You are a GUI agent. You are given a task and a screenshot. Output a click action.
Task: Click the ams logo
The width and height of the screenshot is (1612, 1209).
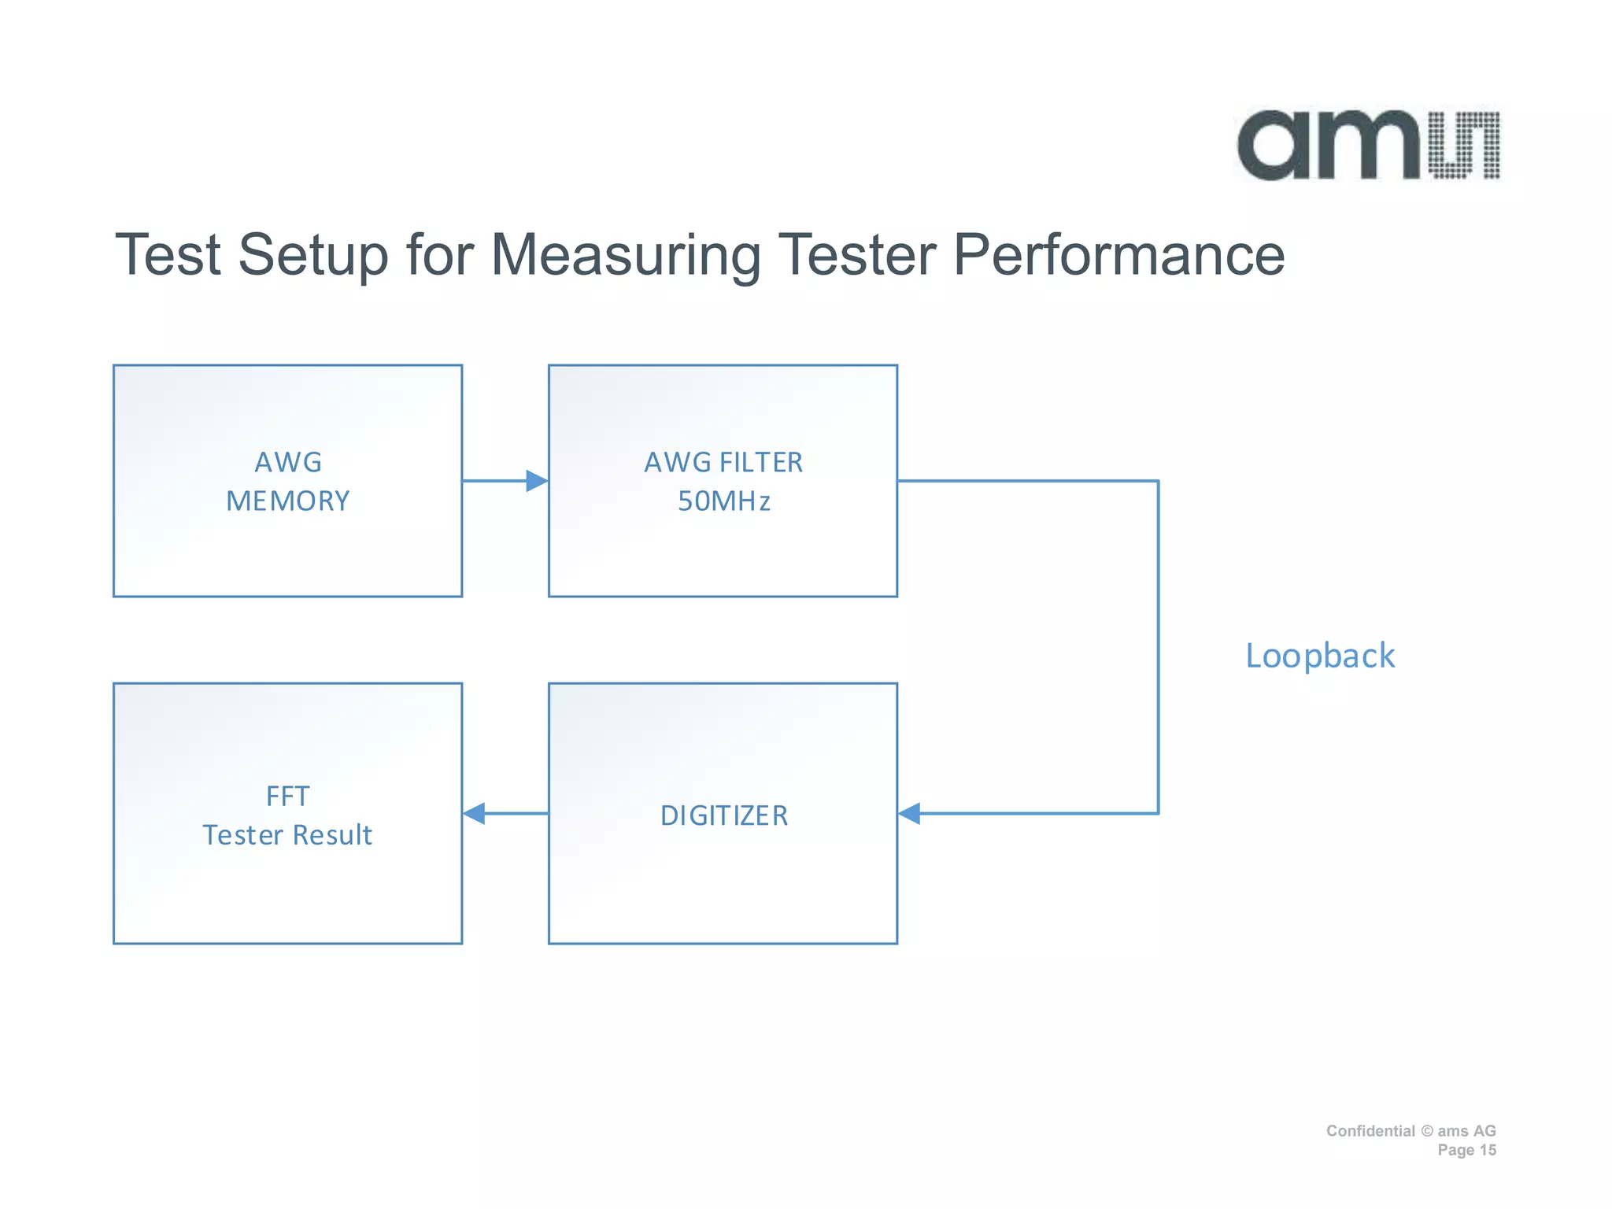pyautogui.click(x=1368, y=146)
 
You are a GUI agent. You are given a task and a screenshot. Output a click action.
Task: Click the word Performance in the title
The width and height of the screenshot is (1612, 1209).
pyautogui.click(x=1118, y=255)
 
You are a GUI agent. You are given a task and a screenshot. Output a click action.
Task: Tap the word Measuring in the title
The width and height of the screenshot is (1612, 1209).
pyautogui.click(x=626, y=255)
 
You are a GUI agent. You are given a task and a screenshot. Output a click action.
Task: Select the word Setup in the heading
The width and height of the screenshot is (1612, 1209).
pyautogui.click(x=313, y=255)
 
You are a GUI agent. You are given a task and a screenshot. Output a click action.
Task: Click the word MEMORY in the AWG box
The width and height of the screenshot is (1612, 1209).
pyautogui.click(x=287, y=501)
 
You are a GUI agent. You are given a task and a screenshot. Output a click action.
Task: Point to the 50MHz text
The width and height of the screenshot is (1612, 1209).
pyautogui.click(x=723, y=501)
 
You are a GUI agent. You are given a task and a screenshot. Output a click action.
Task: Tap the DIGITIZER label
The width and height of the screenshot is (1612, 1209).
pyautogui.click(x=723, y=815)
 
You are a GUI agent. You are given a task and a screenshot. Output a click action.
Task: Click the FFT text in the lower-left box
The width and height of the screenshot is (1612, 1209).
pyautogui.click(x=287, y=797)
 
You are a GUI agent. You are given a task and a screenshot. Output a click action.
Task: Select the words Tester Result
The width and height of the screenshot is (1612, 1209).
pyautogui.click(x=287, y=835)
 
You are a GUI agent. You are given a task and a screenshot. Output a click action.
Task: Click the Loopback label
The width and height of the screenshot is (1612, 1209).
pyautogui.click(x=1320, y=656)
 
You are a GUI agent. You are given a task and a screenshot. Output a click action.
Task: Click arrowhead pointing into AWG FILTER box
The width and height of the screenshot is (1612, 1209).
pyautogui.click(x=537, y=481)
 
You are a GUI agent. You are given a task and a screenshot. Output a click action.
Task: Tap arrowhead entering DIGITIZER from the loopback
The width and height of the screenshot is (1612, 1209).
pyautogui.click(x=910, y=813)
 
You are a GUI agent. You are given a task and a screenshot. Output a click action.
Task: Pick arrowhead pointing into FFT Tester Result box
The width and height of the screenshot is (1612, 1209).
pyautogui.click(x=475, y=813)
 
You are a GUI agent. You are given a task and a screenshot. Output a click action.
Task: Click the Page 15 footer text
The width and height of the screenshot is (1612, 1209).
pyautogui.click(x=1466, y=1150)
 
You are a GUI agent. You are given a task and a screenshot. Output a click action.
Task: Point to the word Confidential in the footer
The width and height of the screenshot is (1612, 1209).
pyautogui.click(x=1370, y=1131)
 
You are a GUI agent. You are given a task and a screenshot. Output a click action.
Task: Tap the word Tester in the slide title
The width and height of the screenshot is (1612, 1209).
pyautogui.click(x=860, y=255)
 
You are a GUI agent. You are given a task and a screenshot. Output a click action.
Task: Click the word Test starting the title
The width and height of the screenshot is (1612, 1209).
pyautogui.click(x=168, y=255)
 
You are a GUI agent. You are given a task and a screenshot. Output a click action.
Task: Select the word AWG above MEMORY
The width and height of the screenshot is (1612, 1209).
pyautogui.click(x=287, y=462)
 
